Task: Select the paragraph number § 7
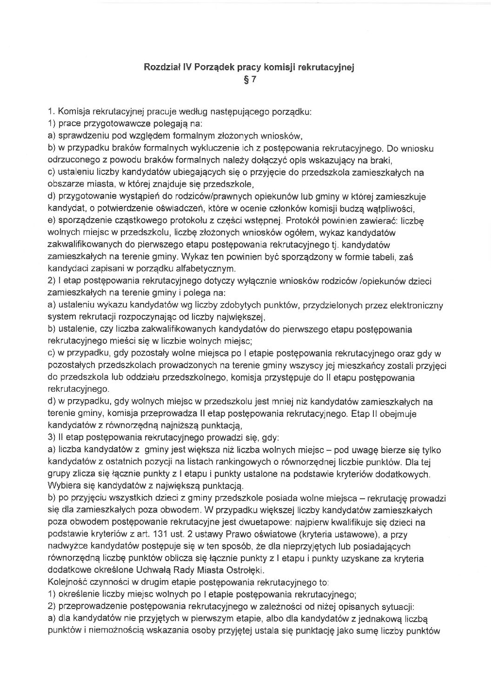point(250,80)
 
